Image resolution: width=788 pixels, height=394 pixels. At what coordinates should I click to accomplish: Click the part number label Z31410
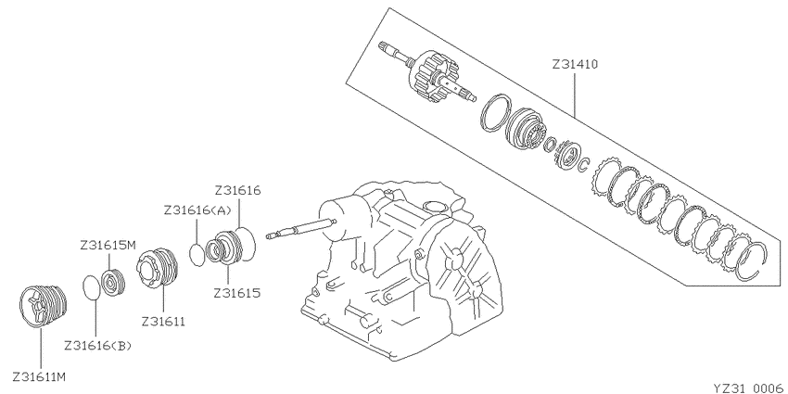[x=575, y=65]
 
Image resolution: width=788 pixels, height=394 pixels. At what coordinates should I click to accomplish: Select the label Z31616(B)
[x=97, y=346]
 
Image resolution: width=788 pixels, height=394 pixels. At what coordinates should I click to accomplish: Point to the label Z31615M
[x=108, y=246]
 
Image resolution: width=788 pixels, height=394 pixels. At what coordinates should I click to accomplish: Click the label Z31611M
[x=39, y=376]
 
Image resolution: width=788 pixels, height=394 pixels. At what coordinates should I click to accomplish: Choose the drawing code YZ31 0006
[x=748, y=388]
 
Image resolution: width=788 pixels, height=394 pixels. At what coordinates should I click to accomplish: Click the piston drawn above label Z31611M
[x=43, y=306]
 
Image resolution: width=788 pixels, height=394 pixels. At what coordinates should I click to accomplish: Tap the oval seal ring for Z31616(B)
[x=92, y=287]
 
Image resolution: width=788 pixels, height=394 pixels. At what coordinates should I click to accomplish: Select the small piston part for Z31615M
[x=113, y=283]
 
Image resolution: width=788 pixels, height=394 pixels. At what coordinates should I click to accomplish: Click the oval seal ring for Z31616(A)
[x=197, y=255]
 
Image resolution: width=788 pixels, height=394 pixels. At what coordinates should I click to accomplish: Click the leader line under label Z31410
[x=576, y=94]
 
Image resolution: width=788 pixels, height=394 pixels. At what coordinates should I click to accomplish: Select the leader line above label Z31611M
[x=40, y=348]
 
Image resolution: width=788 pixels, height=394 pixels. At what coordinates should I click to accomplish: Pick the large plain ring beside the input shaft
[x=496, y=114]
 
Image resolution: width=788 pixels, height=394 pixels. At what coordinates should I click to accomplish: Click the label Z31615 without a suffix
[x=237, y=293]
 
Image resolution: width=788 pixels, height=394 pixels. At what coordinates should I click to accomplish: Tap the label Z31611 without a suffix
[x=163, y=321]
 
